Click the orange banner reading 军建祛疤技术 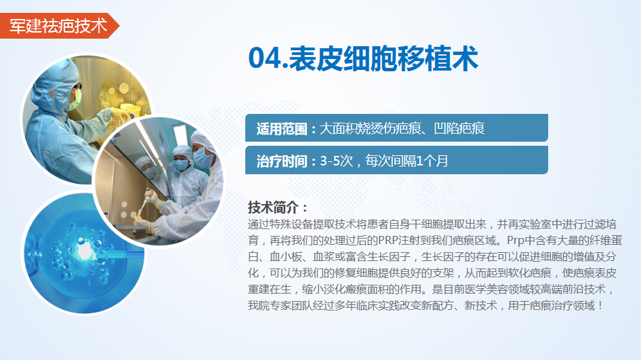tap(58, 26)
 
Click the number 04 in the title tap(264, 58)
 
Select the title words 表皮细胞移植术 tap(384, 58)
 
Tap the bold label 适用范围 tap(282, 129)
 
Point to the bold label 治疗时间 tap(282, 161)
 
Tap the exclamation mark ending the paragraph tap(600, 306)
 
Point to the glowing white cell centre tap(85, 250)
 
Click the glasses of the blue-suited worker tap(77, 87)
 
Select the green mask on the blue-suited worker tap(75, 100)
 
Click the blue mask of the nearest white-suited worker tap(203, 157)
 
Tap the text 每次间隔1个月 tap(407, 161)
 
